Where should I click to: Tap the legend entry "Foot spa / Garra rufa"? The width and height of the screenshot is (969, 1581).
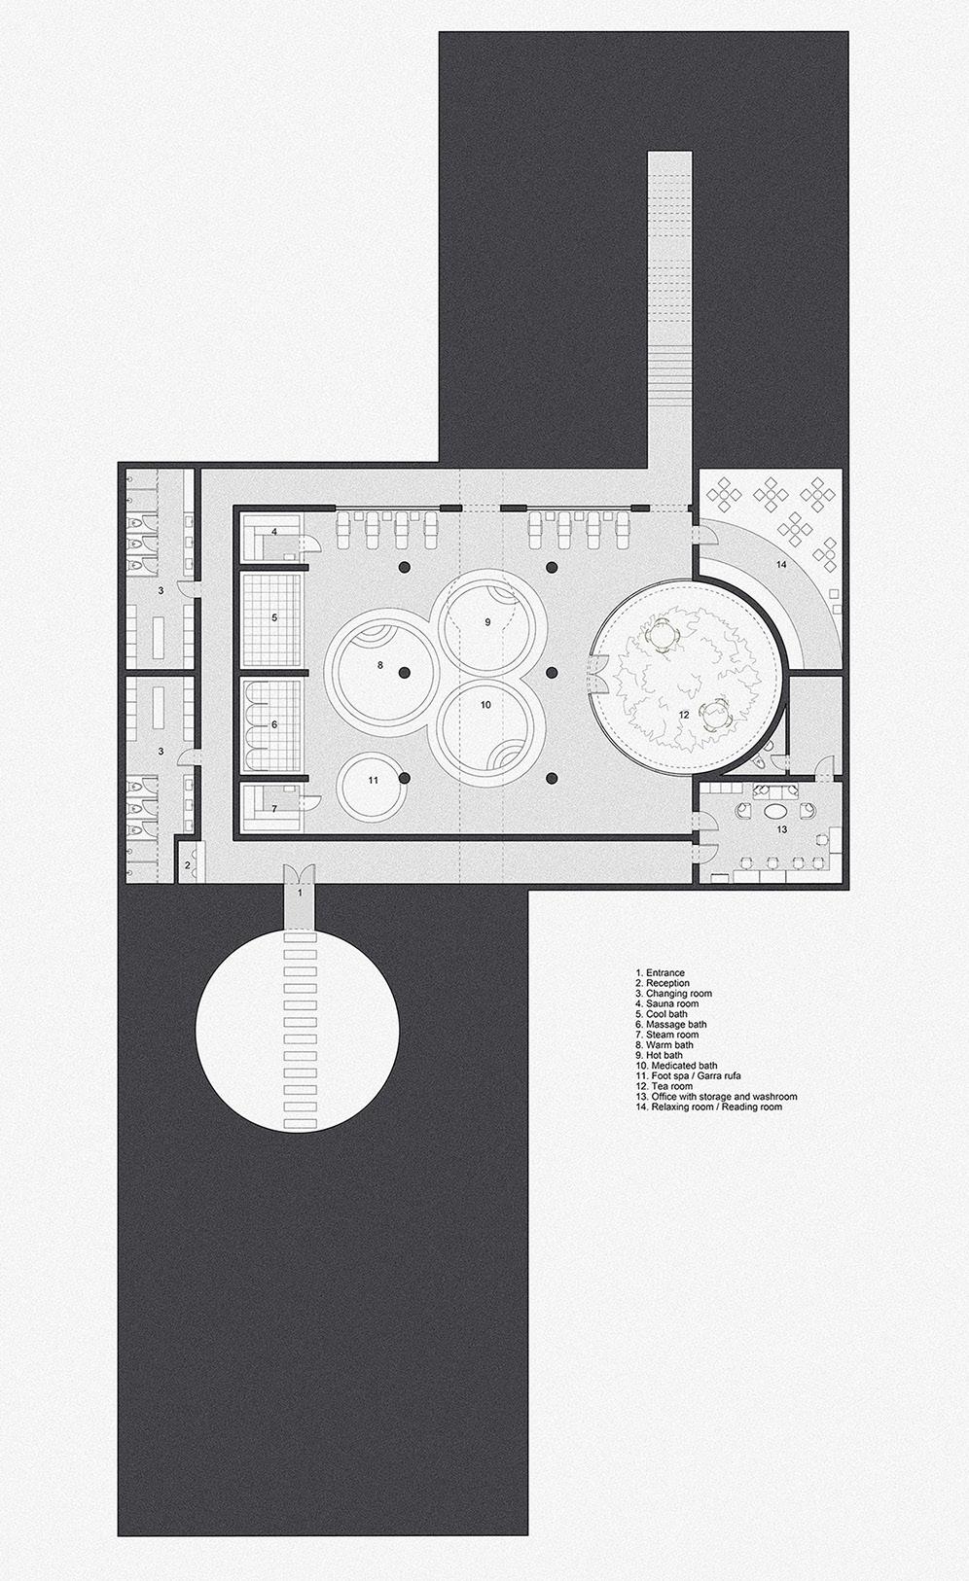click(688, 1076)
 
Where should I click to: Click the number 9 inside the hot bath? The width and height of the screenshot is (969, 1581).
click(487, 621)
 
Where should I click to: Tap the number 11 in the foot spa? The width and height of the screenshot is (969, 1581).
click(373, 780)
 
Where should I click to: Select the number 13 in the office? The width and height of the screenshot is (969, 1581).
click(781, 829)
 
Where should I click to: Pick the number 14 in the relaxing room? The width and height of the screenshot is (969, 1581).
click(780, 564)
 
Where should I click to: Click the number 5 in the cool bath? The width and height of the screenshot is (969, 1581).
click(275, 617)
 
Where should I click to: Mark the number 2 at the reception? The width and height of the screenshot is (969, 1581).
click(188, 865)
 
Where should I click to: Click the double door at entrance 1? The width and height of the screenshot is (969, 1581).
click(300, 871)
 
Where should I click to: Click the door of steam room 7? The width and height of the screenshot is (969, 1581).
click(310, 802)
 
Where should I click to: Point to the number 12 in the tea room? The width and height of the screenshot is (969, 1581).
click(684, 715)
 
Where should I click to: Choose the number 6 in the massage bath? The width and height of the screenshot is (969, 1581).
click(275, 724)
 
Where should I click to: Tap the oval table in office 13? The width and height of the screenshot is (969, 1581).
click(777, 809)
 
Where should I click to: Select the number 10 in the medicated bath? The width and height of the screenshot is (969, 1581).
click(485, 705)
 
